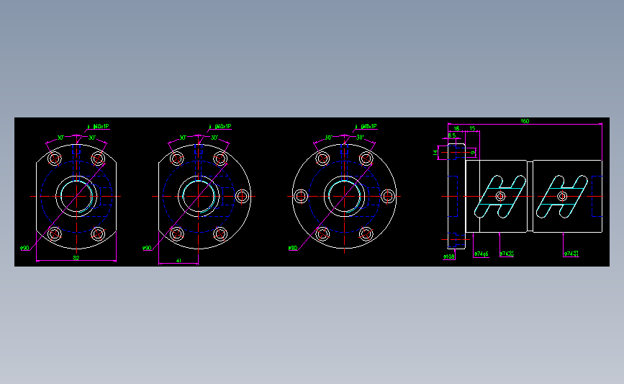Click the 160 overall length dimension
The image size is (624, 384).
pyautogui.click(x=524, y=121)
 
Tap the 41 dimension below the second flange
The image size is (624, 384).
pyautogui.click(x=178, y=261)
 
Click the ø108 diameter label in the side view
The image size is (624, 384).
pyautogui.click(x=449, y=256)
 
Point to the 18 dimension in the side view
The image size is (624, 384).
pyautogui.click(x=456, y=129)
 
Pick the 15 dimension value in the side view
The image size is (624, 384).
pyautogui.click(x=472, y=129)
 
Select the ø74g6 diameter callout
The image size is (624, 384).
pyautogui.click(x=481, y=254)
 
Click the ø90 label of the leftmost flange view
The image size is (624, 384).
pyautogui.click(x=24, y=249)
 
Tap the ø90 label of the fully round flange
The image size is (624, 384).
pyautogui.click(x=292, y=248)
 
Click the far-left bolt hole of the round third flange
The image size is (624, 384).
pyautogui.click(x=300, y=196)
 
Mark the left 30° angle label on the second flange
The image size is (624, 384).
pyautogui.click(x=183, y=137)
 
